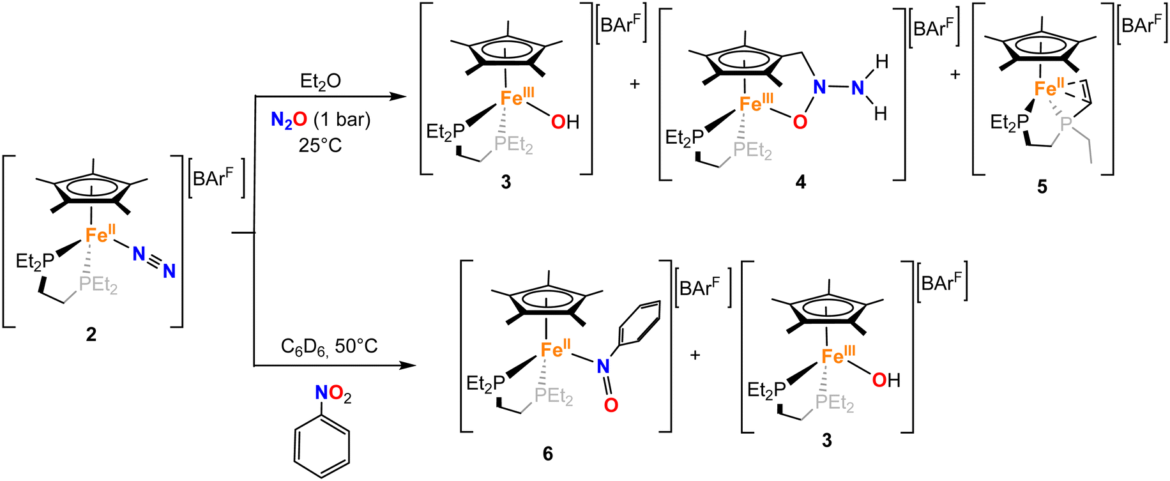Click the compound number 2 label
click(x=91, y=334)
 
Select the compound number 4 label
click(x=800, y=183)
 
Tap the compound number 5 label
click(x=1042, y=187)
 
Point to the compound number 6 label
click(x=547, y=454)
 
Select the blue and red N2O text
click(x=289, y=119)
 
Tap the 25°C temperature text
click(x=320, y=145)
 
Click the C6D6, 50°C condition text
click(x=329, y=346)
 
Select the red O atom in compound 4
click(x=800, y=121)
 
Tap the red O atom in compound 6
click(x=611, y=405)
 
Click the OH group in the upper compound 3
click(x=565, y=121)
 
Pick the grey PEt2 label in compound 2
click(x=98, y=284)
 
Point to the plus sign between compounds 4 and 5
click(x=955, y=74)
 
